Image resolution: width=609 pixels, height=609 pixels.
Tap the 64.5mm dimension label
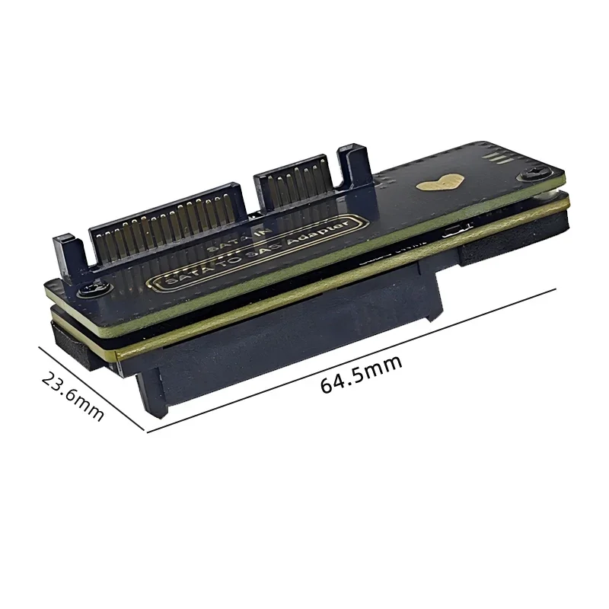tap(361, 375)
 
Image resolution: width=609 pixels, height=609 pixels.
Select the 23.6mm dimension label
tap(72, 397)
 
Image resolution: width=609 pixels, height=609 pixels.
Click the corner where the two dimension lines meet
tap(146, 432)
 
